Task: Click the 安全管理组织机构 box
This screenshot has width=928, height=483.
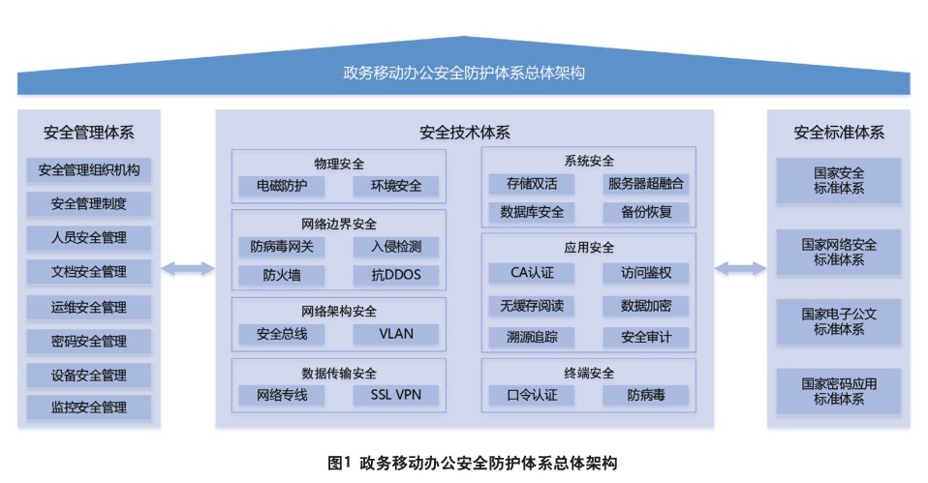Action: (89, 171)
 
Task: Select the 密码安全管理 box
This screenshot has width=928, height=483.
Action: (89, 341)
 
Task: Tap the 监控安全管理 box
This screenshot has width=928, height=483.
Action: (89, 408)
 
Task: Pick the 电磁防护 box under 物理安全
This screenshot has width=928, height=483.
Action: (282, 186)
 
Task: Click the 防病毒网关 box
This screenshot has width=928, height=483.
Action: (282, 247)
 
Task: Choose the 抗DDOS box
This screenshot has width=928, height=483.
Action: (395, 275)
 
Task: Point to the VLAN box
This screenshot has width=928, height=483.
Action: (395, 334)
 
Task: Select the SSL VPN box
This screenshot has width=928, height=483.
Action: (395, 395)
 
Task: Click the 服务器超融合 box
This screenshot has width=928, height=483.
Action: (645, 184)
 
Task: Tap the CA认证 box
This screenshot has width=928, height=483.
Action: (532, 273)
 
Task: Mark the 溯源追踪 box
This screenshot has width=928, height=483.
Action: (532, 337)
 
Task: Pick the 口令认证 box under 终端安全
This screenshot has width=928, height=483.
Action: (532, 395)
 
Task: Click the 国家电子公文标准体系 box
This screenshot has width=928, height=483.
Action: (839, 321)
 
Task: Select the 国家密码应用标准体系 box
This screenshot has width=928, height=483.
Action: (839, 391)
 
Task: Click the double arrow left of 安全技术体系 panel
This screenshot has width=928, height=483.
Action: (188, 268)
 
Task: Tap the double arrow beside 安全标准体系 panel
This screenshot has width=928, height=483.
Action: (740, 268)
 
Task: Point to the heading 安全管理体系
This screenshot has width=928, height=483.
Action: (89, 133)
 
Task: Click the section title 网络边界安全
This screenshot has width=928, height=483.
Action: (338, 225)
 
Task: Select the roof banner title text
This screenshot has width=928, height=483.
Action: (463, 75)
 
